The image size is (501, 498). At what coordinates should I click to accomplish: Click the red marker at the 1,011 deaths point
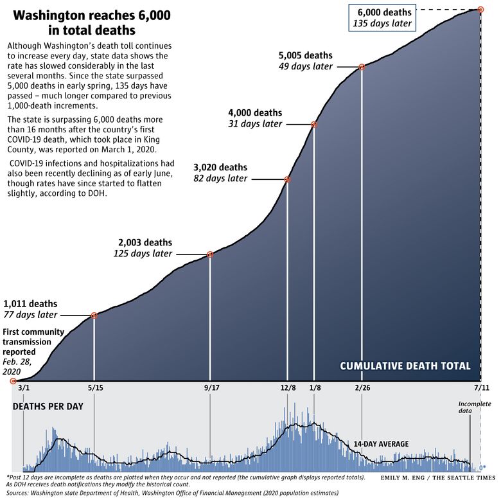(94, 316)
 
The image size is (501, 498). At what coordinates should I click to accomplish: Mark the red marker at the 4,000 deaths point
(314, 125)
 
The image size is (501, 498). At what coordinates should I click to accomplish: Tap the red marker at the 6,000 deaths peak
(480, 9)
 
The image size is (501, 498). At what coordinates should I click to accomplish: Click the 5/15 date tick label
(94, 388)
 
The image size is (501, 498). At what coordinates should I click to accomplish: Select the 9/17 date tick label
(211, 388)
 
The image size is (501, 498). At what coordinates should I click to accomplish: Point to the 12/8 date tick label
(287, 388)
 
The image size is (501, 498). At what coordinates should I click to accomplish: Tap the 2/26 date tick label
(362, 388)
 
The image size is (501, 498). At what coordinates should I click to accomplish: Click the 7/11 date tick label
(480, 388)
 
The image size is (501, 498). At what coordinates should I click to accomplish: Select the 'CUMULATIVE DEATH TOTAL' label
(405, 366)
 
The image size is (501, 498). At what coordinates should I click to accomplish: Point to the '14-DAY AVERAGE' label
(382, 444)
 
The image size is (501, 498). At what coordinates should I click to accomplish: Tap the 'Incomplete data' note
(475, 407)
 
